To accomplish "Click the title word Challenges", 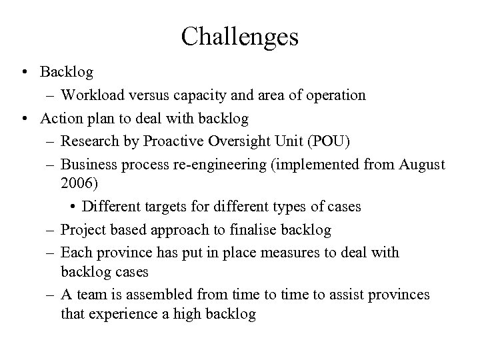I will pyautogui.click(x=239, y=37).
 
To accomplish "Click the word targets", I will pyautogui.click(x=171, y=207).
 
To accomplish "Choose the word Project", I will pyautogui.click(x=83, y=230).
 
